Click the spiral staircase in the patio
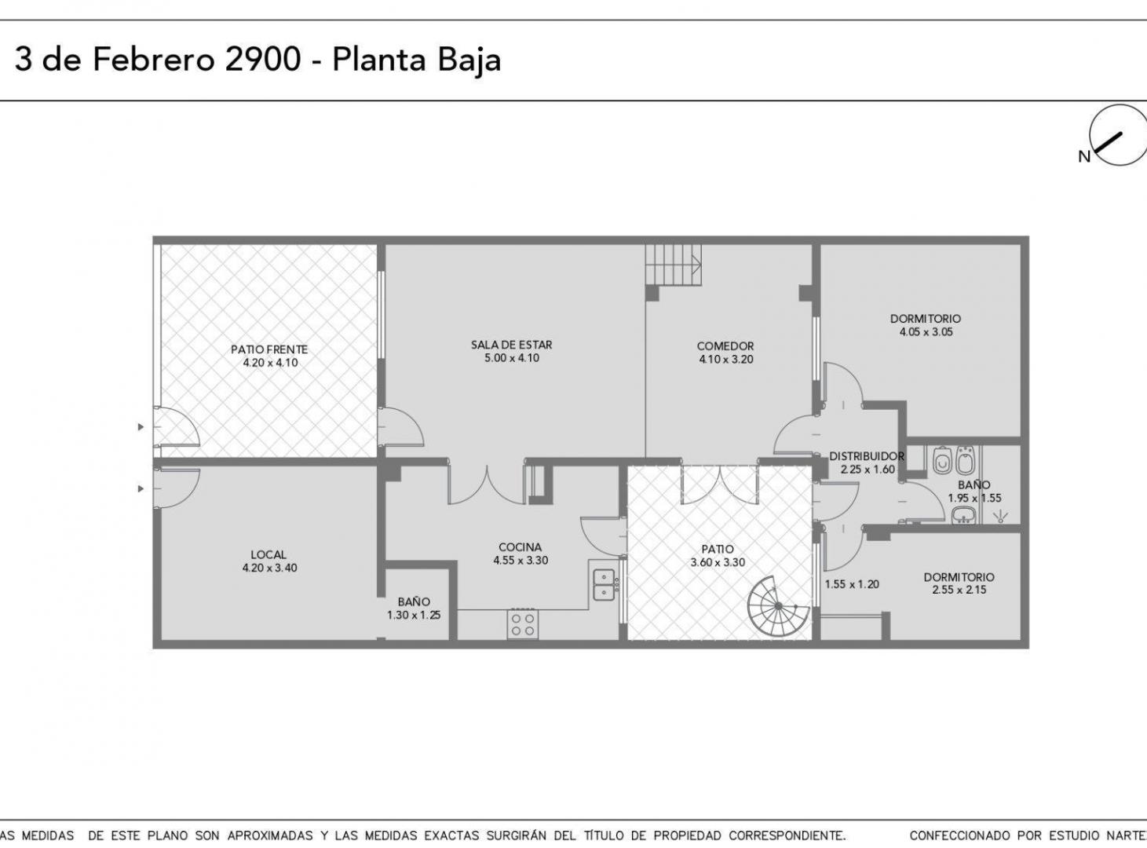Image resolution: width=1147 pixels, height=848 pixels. click(778, 606)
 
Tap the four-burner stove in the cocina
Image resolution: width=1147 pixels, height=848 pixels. click(523, 624)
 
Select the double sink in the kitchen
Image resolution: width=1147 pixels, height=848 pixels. click(604, 585)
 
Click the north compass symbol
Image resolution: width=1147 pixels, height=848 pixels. click(1117, 135)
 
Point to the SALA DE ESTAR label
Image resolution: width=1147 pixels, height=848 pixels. click(511, 345)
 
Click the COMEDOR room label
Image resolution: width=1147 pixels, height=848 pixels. click(725, 346)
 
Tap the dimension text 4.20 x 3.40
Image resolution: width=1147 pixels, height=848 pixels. click(269, 568)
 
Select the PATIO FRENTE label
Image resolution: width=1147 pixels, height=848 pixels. click(269, 349)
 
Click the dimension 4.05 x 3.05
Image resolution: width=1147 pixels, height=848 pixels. click(926, 331)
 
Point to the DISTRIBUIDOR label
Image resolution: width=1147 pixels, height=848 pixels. click(867, 456)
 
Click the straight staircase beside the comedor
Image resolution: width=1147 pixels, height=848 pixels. click(674, 265)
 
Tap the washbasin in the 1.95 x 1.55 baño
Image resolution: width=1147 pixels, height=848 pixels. click(963, 515)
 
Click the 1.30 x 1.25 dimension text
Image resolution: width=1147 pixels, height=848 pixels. click(414, 615)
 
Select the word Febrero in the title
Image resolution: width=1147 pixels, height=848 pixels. click(153, 59)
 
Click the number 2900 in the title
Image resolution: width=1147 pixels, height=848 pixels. click(263, 59)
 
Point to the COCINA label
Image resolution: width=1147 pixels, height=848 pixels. click(521, 546)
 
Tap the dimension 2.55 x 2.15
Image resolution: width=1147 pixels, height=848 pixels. click(959, 590)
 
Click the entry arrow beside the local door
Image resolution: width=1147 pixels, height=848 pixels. click(141, 488)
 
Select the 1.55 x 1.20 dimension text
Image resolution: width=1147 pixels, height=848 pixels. click(852, 584)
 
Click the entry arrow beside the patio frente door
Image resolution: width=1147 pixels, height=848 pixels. click(141, 427)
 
